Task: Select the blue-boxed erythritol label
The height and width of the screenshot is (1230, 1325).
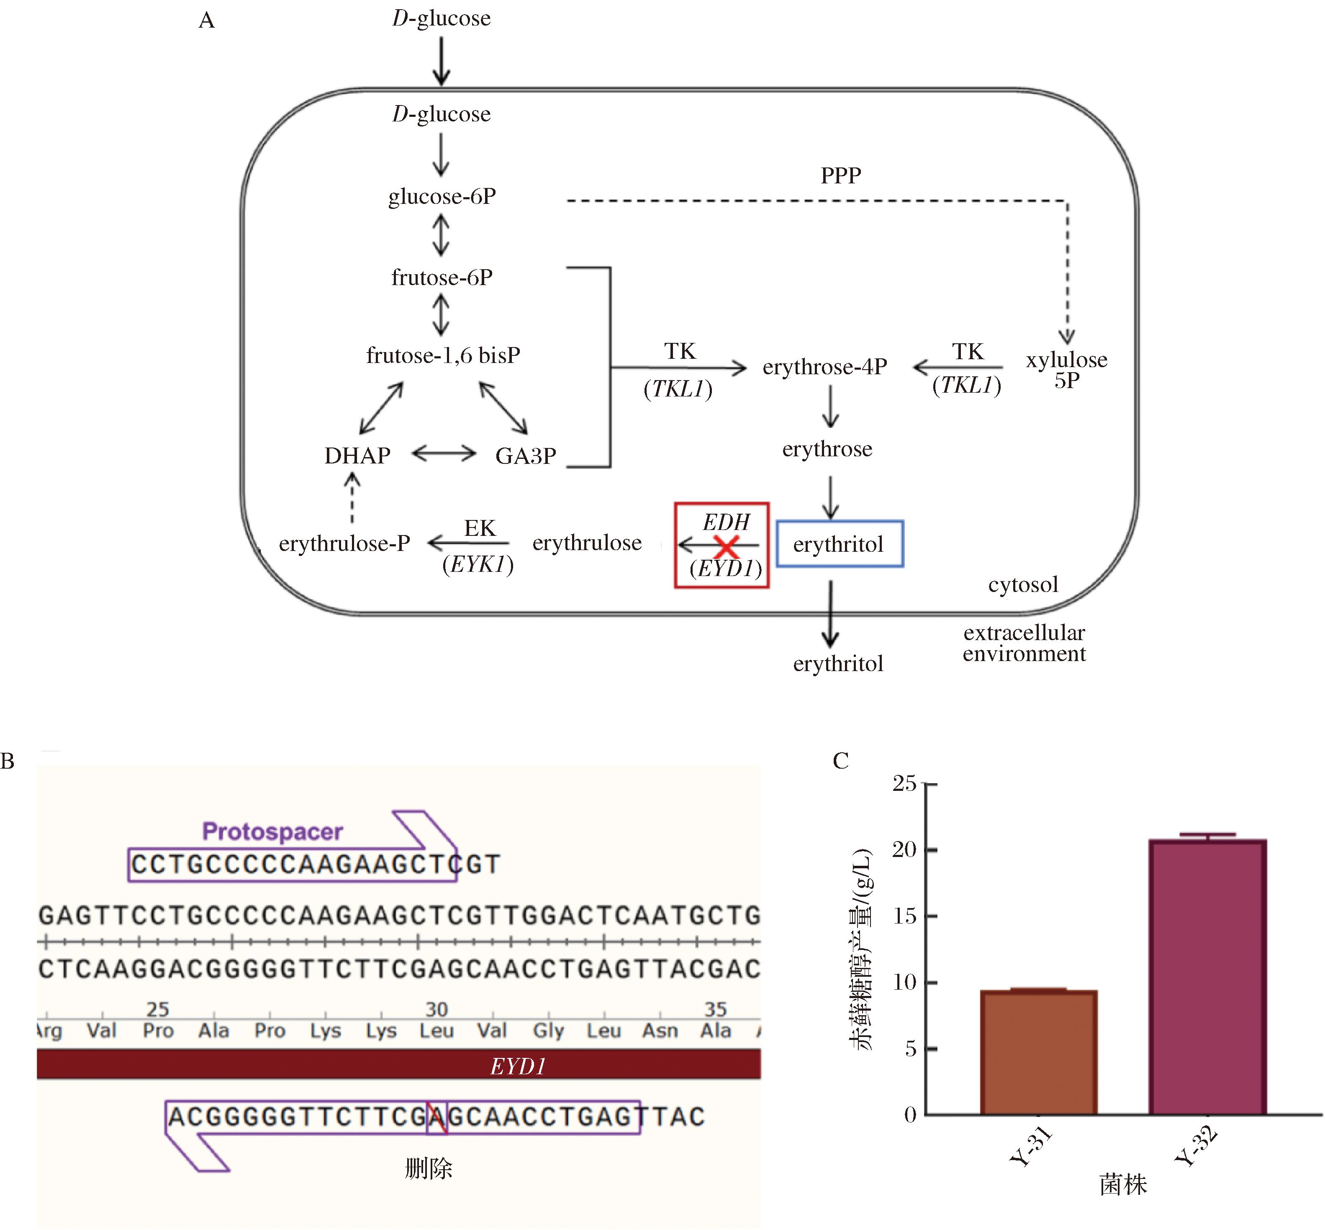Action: click(x=839, y=544)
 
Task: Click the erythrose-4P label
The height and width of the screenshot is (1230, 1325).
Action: click(x=824, y=367)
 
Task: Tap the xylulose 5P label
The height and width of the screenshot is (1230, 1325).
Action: click(x=1066, y=369)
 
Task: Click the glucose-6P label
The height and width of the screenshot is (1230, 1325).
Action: click(x=442, y=196)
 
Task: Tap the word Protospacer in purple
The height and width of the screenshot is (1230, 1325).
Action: click(x=272, y=831)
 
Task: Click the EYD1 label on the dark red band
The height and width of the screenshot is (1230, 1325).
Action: click(x=518, y=1066)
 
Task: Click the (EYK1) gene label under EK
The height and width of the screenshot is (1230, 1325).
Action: click(x=478, y=564)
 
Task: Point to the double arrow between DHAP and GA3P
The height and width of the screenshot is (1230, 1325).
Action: click(x=444, y=454)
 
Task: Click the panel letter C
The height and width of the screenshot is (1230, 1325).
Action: click(x=840, y=761)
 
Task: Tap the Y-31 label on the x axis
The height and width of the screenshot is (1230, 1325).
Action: click(x=1030, y=1146)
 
